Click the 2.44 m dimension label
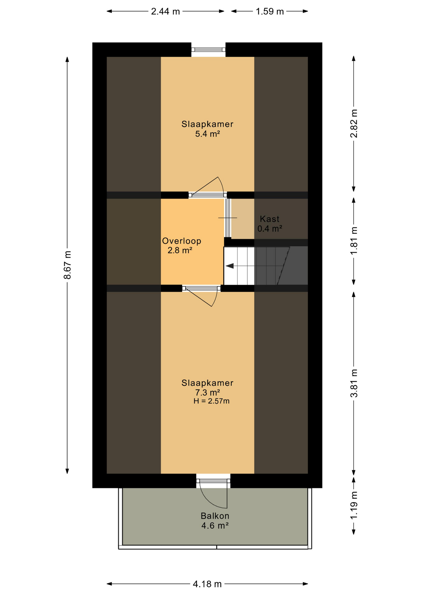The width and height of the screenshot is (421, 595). click(x=165, y=11)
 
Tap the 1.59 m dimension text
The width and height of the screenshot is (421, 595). click(x=270, y=11)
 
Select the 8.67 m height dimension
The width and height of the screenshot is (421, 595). click(x=67, y=265)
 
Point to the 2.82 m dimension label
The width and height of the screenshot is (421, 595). click(x=354, y=123)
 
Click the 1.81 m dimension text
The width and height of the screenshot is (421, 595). click(x=354, y=240)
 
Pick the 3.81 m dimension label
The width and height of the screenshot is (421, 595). click(x=354, y=383)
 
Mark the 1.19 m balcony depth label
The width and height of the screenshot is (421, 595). click(x=354, y=505)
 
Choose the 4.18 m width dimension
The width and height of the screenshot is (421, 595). click(x=207, y=584)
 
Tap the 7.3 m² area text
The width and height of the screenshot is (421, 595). click(x=207, y=393)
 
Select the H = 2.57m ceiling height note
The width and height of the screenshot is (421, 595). click(x=211, y=401)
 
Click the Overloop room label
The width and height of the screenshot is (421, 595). click(x=182, y=241)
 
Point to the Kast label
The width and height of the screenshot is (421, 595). click(x=269, y=219)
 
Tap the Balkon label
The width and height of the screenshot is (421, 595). click(x=215, y=516)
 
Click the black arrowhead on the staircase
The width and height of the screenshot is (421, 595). click(x=229, y=266)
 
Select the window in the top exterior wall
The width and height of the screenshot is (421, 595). click(x=208, y=50)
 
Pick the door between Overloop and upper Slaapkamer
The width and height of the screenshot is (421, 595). click(x=208, y=187)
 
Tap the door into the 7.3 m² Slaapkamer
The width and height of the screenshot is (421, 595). click(x=202, y=296)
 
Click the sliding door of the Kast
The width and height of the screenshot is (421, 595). click(x=228, y=218)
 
